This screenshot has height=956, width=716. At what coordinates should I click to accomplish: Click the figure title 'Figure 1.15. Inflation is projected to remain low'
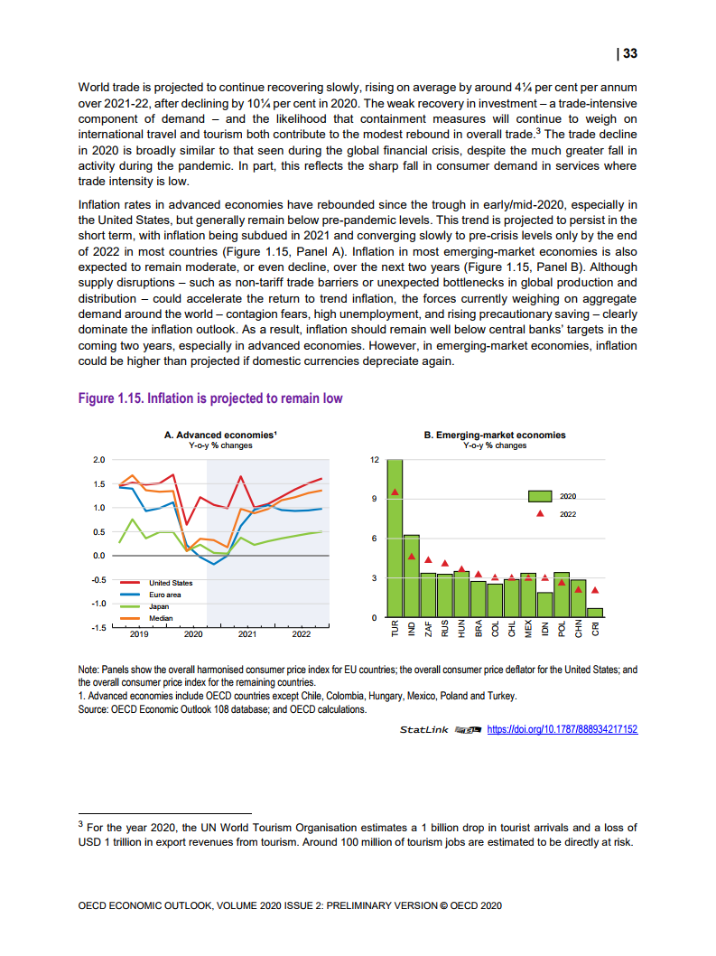coord(210,398)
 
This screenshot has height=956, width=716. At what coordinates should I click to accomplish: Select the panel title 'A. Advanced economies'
coord(220,435)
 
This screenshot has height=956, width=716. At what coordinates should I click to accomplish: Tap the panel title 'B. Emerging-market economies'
coord(495,435)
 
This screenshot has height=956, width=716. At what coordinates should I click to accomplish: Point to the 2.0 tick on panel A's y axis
coord(98,460)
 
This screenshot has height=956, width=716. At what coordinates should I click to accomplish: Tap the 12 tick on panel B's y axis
coord(373,460)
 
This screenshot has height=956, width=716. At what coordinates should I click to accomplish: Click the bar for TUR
coord(394,542)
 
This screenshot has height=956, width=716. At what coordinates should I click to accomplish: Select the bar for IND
coord(411,578)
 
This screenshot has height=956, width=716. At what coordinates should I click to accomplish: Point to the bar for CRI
coord(594,613)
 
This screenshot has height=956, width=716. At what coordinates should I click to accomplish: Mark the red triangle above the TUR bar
coord(394,492)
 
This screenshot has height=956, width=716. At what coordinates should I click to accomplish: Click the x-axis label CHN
coord(578,629)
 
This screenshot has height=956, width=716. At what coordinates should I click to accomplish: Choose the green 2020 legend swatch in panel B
coord(540,496)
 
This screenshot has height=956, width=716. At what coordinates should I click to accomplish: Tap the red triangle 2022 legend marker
coord(540,512)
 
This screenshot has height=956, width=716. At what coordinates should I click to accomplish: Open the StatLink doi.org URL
coord(562,729)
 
